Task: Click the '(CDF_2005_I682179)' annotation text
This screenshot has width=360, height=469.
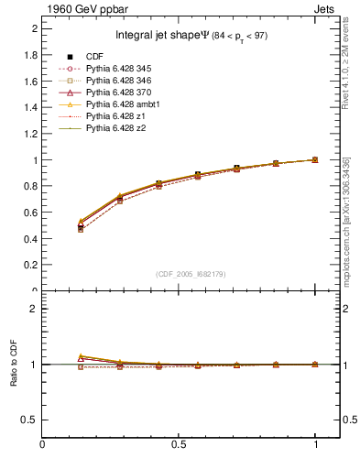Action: click(x=191, y=274)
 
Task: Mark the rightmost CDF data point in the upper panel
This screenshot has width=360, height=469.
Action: click(x=315, y=159)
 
